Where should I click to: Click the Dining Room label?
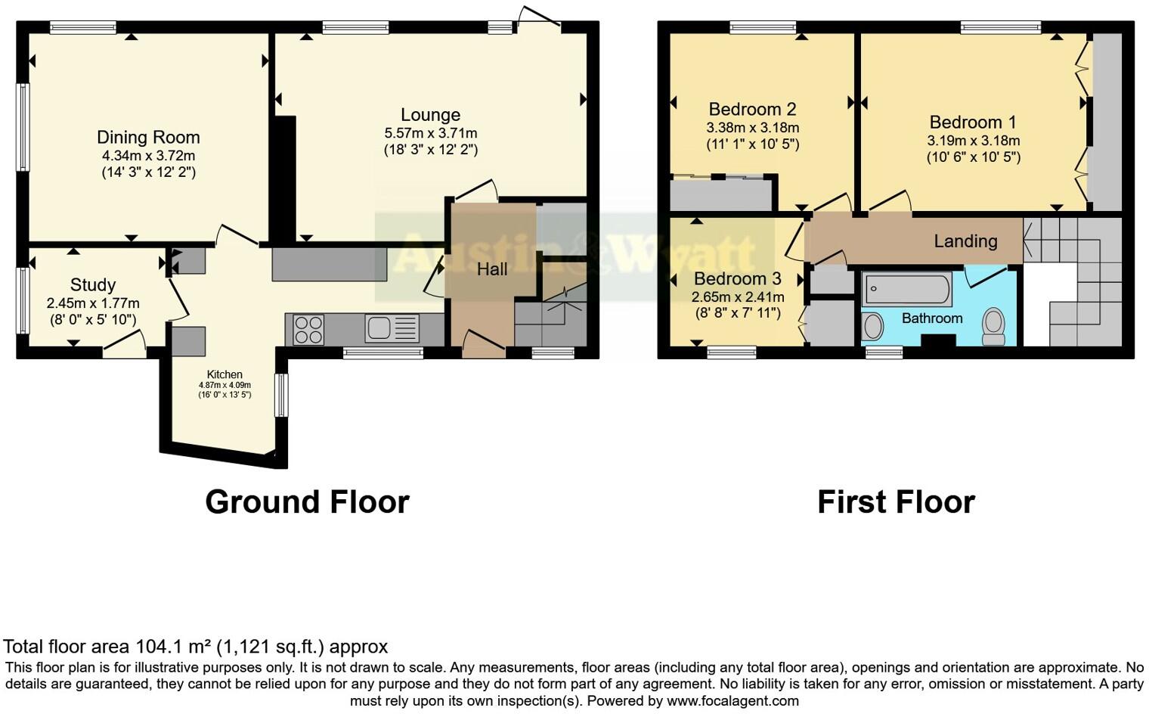pyautogui.click(x=148, y=138)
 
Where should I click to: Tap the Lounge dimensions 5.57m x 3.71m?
pyautogui.click(x=430, y=133)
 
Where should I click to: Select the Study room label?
pyautogui.click(x=93, y=285)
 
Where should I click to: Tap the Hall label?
pyautogui.click(x=492, y=269)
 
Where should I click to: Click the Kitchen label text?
pyautogui.click(x=225, y=374)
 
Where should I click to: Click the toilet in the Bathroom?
pyautogui.click(x=993, y=324)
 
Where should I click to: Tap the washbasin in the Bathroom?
pyautogui.click(x=873, y=327)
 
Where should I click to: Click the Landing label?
pyautogui.click(x=965, y=241)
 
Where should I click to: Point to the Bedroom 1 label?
pyautogui.click(x=973, y=123)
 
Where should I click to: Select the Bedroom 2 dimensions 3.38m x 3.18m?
pyautogui.click(x=752, y=127)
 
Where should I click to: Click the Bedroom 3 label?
pyautogui.click(x=737, y=279)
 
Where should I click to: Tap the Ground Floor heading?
pyautogui.click(x=307, y=502)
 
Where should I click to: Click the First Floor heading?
pyautogui.click(x=896, y=502)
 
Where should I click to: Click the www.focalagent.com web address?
pyautogui.click(x=732, y=700)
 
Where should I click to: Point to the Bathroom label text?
pyautogui.click(x=931, y=318)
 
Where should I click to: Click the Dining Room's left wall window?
pyautogui.click(x=23, y=126)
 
